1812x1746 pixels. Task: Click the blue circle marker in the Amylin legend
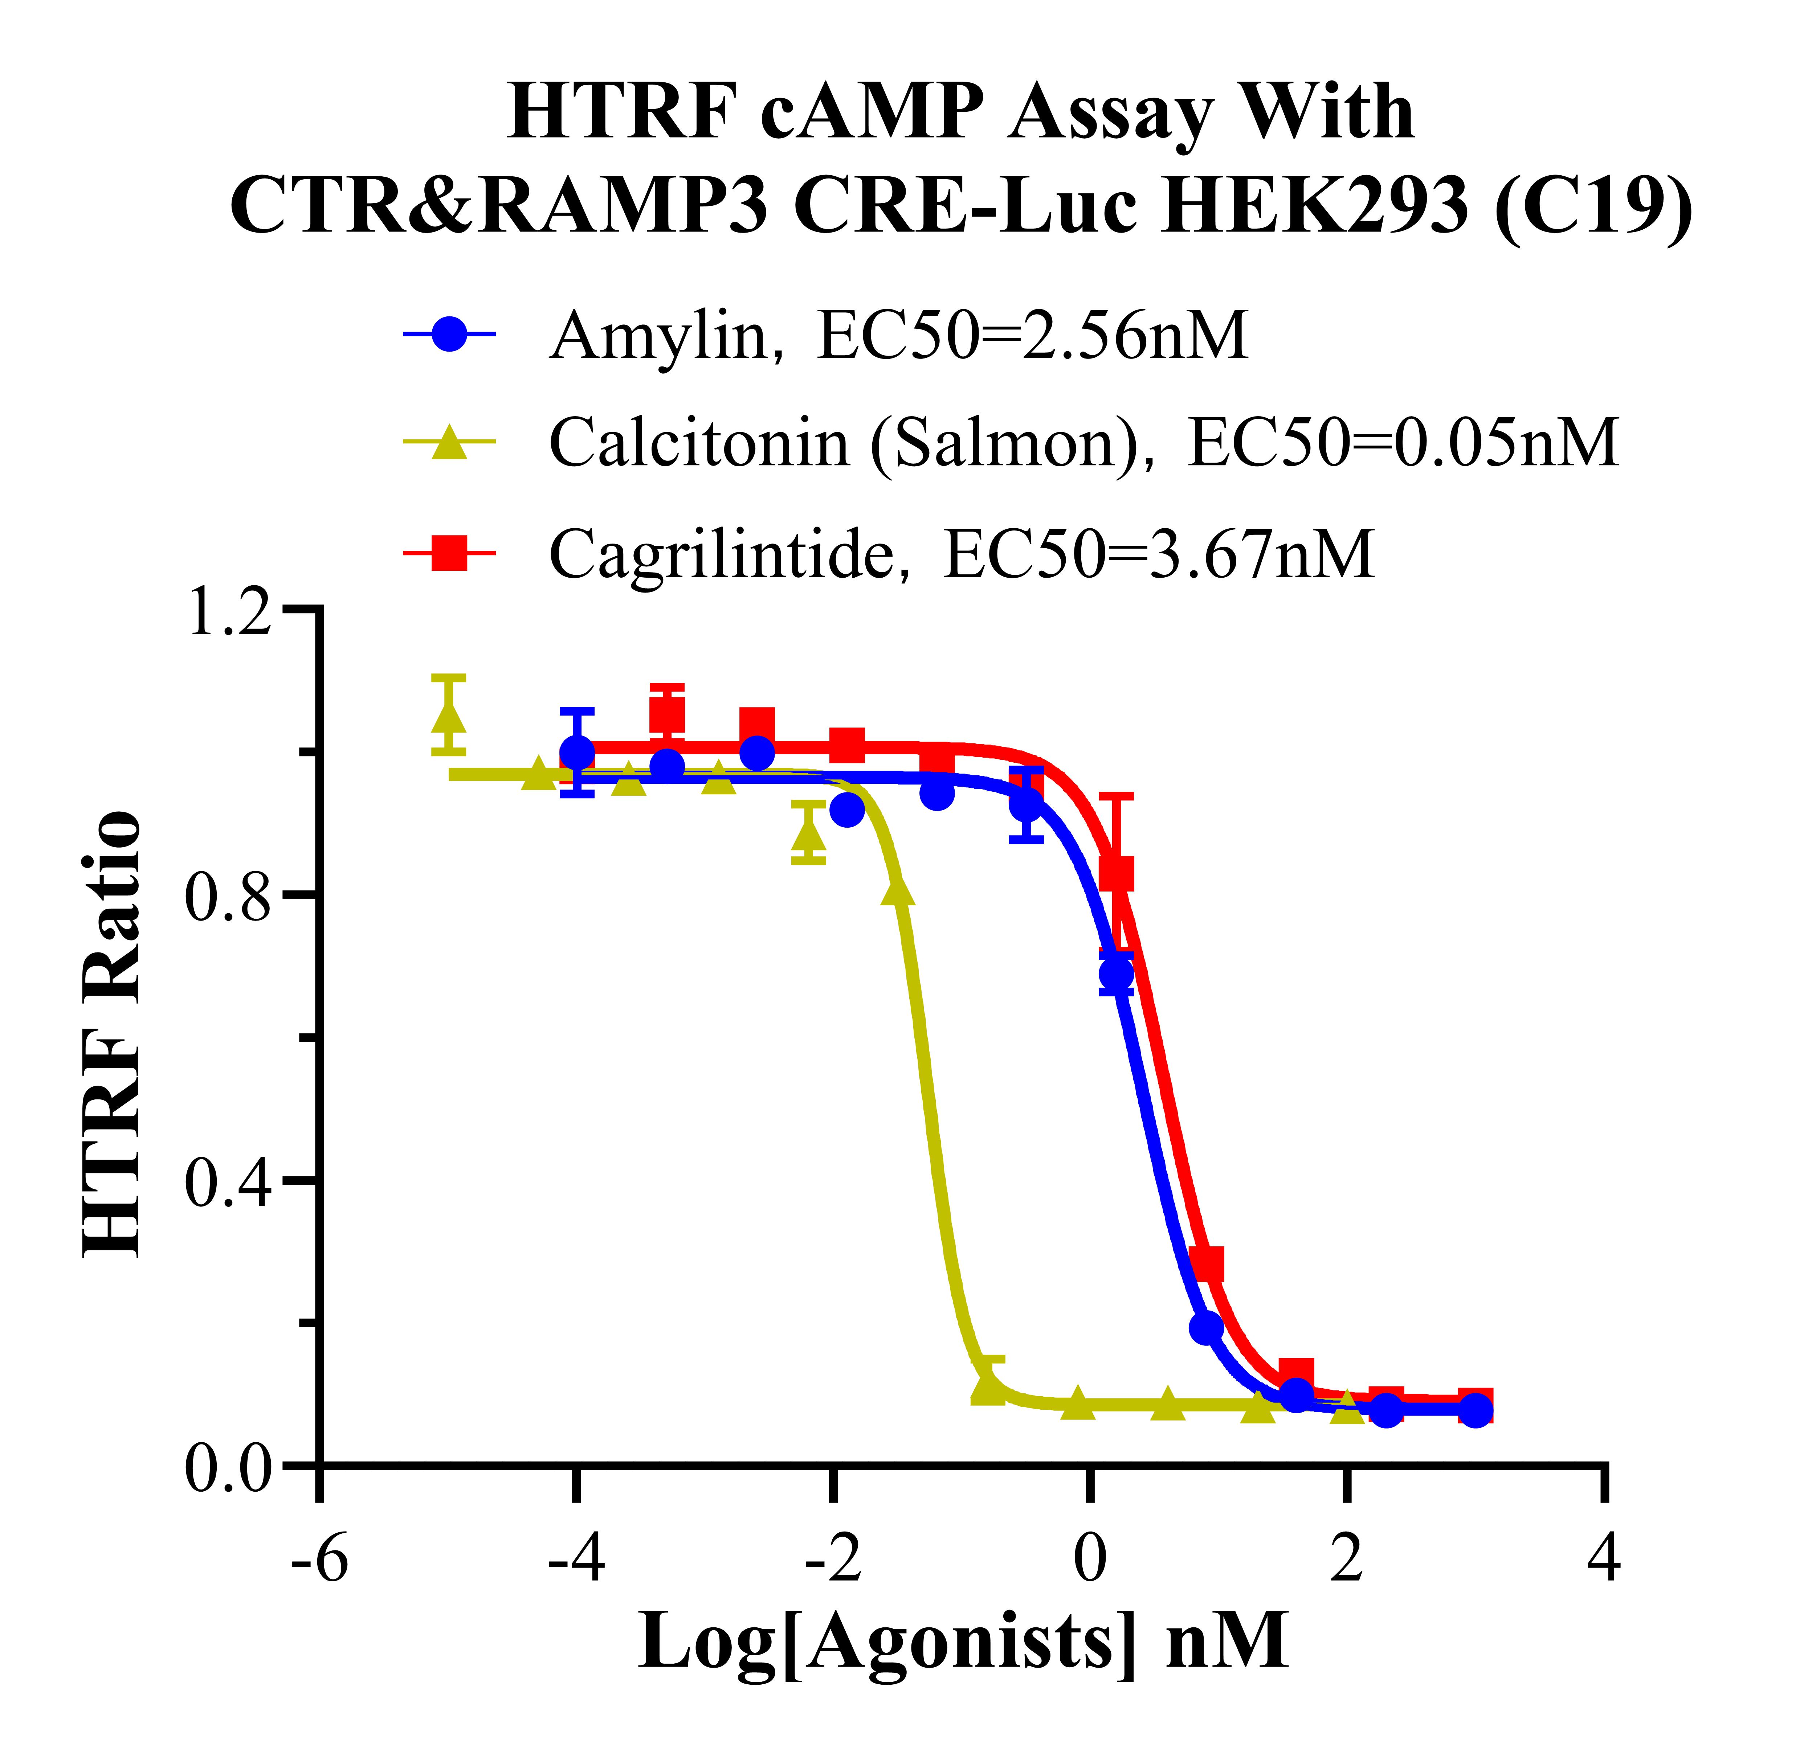pos(450,334)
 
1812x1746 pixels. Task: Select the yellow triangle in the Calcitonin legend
pos(450,442)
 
